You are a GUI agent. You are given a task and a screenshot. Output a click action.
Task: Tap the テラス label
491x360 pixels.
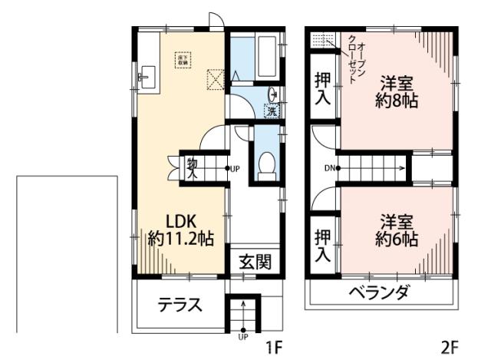180,306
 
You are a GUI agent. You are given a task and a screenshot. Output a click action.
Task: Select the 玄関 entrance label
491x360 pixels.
253,263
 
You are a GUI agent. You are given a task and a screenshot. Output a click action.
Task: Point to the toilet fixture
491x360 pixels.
267,163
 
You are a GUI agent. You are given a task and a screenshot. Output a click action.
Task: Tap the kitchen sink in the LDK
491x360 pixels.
146,76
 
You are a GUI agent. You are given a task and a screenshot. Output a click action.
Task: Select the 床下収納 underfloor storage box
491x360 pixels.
184,59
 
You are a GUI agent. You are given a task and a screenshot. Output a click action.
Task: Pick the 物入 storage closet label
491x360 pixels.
191,167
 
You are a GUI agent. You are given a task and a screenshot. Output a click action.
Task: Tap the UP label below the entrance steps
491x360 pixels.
243,337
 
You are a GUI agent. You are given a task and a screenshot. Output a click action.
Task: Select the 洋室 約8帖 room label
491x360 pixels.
397,91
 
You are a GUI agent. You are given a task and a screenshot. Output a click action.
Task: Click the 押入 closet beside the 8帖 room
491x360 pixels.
323,88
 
